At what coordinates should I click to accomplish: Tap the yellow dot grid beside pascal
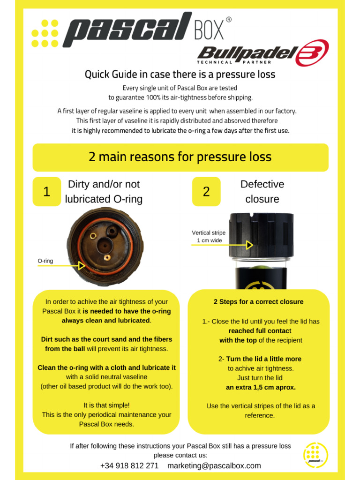point(45,33)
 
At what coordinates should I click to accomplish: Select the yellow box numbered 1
point(46,191)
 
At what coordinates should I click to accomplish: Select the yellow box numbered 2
point(206,191)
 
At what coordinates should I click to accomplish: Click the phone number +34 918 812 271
point(129,465)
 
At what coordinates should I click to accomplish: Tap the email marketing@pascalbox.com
point(214,465)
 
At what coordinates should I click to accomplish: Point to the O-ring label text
point(45,260)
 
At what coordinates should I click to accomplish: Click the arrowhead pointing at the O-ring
point(82,266)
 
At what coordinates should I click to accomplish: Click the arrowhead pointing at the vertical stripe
point(250,245)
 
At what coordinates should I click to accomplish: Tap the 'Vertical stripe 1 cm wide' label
point(209,237)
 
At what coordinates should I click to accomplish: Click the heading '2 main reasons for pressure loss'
point(180,157)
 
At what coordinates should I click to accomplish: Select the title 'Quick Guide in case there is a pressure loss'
point(180,75)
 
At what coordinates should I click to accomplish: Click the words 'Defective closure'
point(262,191)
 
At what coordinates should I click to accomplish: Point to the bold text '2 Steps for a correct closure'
point(258,302)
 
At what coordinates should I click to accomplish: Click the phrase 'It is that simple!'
point(106,405)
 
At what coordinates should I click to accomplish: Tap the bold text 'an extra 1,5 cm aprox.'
point(261,387)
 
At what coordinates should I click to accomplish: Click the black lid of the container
point(261,234)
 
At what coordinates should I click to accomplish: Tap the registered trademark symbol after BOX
point(228,20)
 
